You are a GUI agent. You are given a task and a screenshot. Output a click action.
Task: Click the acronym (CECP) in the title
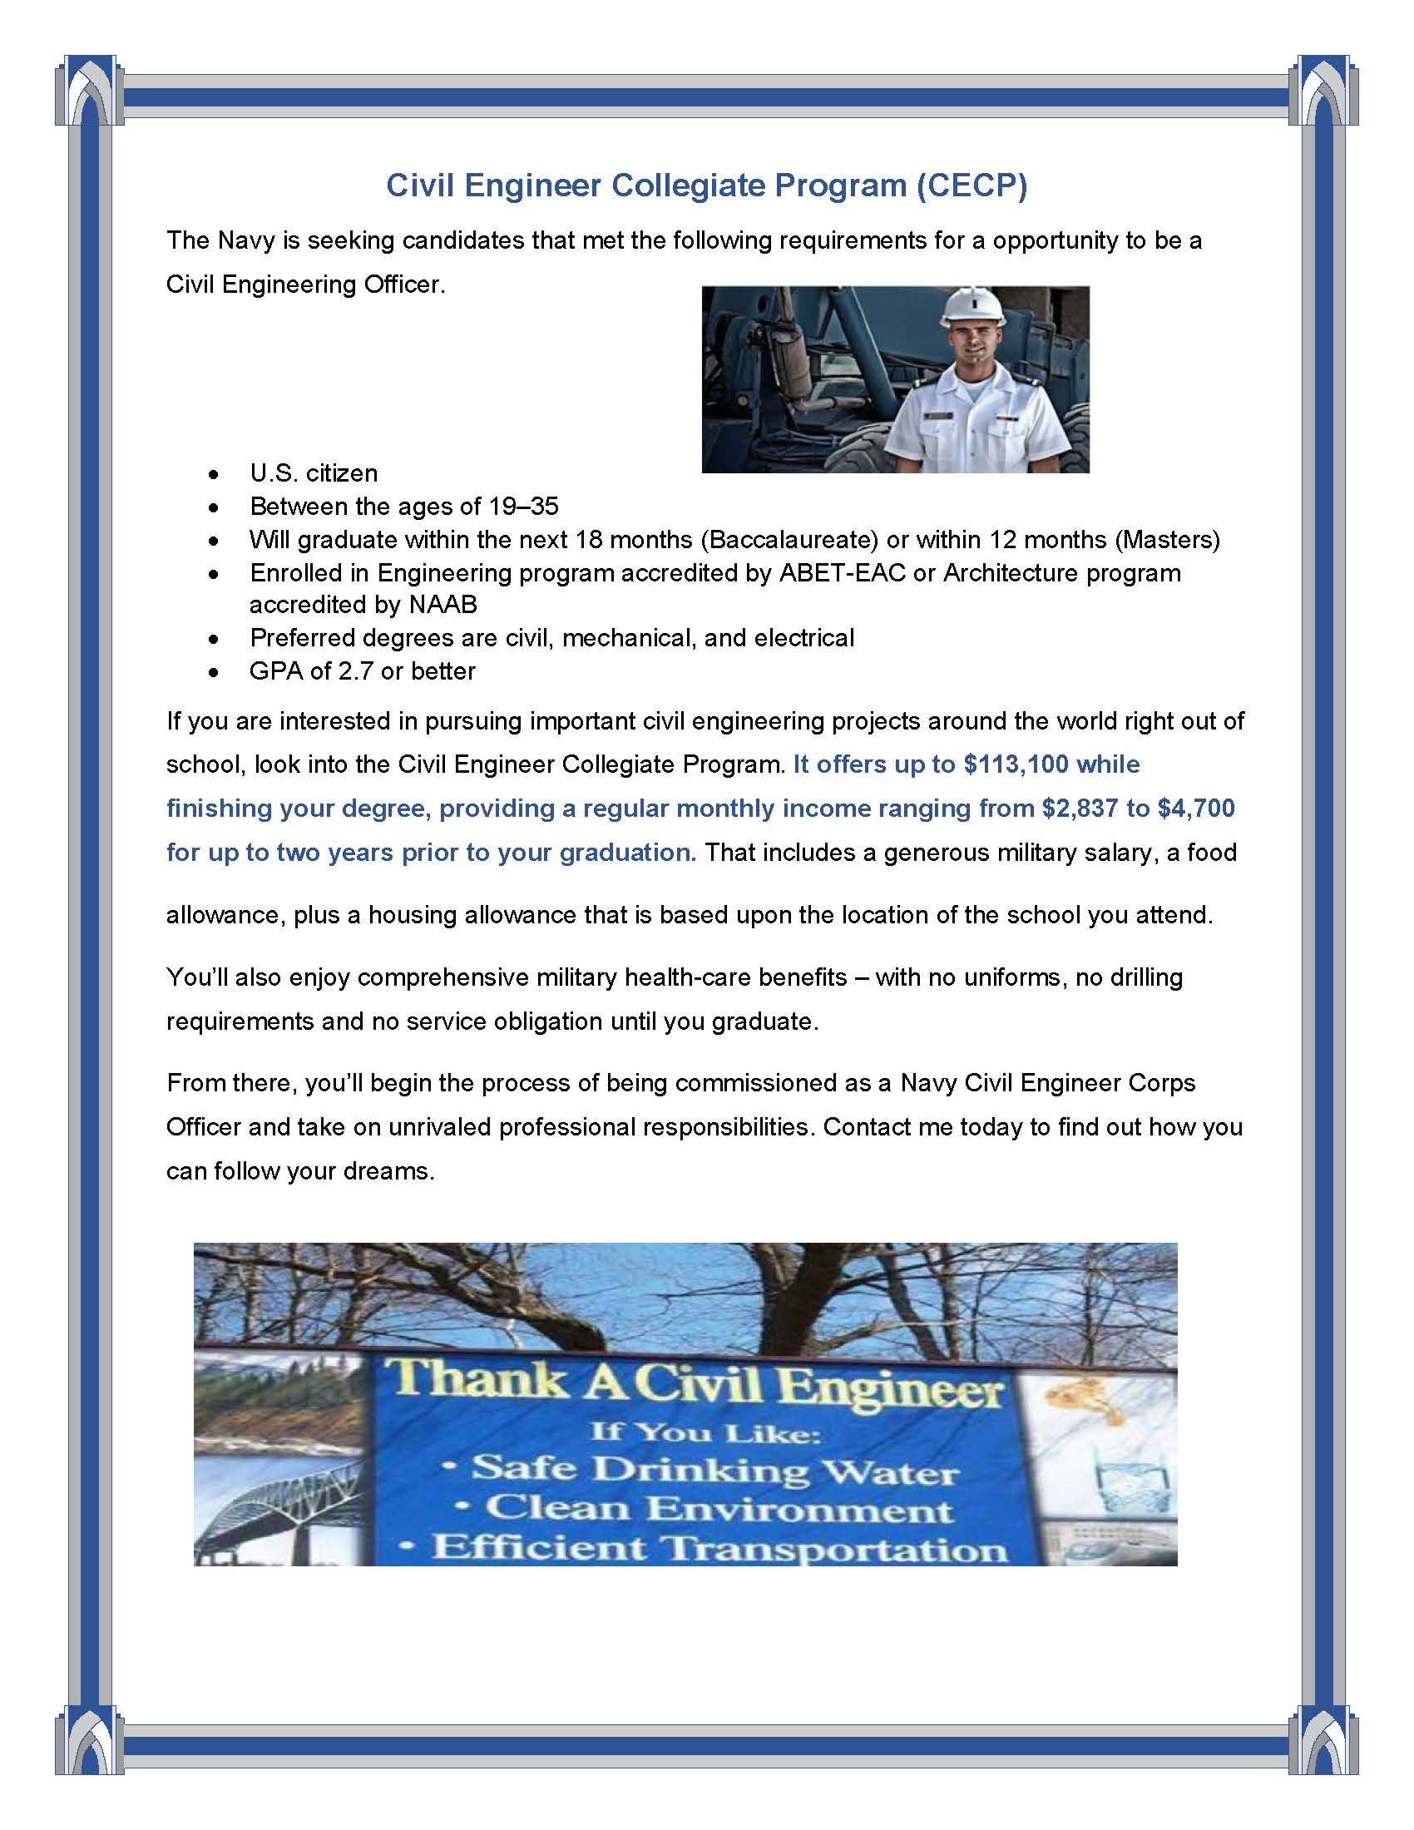coord(971,185)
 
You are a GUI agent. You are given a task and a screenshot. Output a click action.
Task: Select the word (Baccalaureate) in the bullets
coord(789,540)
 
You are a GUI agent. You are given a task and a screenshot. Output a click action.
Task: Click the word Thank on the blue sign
coord(479,1377)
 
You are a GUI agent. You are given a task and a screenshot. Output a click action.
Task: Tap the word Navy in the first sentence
coord(245,240)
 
